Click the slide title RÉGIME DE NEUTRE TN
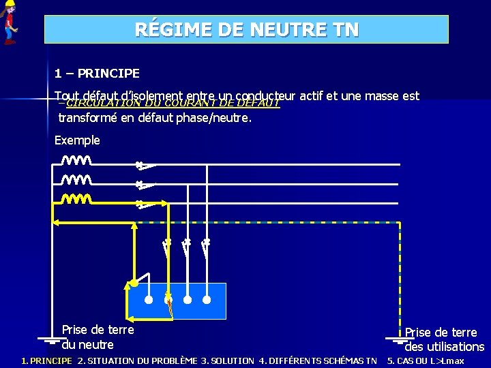point(246,30)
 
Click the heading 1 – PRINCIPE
point(97,73)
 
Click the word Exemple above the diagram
point(77,140)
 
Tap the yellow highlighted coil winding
point(76,199)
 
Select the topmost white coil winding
point(76,161)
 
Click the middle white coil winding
point(76,180)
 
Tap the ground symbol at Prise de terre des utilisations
point(400,339)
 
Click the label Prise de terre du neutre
point(98,337)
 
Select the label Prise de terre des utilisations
point(443,339)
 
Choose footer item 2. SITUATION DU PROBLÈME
point(137,361)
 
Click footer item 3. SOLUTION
point(227,361)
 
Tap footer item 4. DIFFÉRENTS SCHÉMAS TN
point(318,361)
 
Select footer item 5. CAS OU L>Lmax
point(425,361)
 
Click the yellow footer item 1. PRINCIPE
point(46,361)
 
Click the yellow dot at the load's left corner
point(135,282)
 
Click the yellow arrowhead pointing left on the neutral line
point(57,221)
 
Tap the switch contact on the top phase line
point(145,164)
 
